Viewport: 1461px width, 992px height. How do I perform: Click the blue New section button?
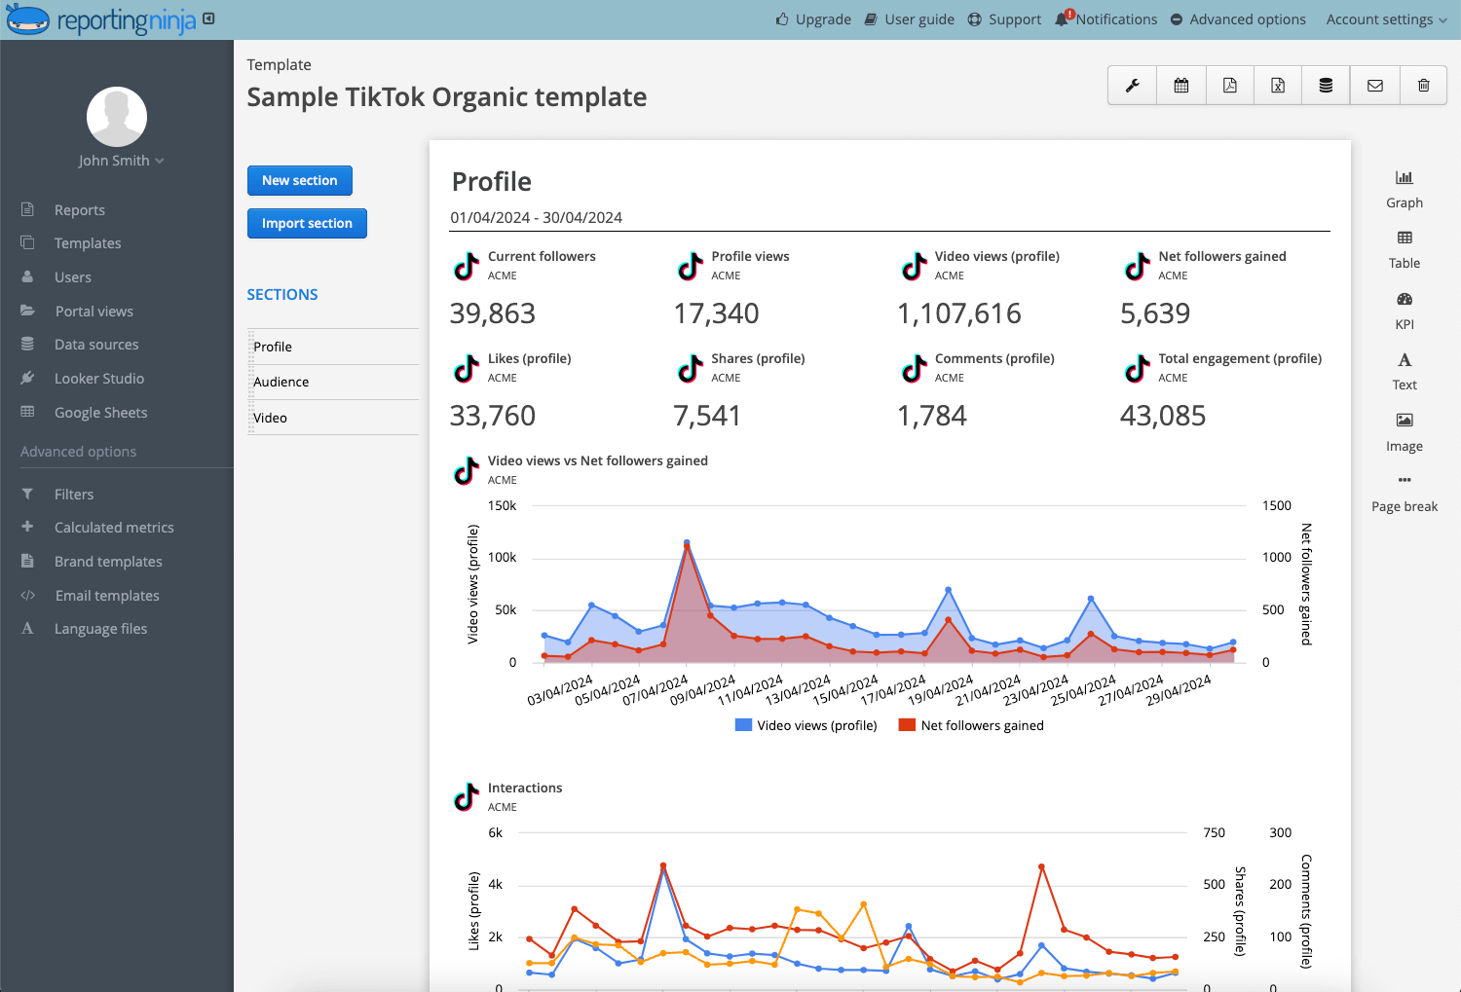pyautogui.click(x=299, y=180)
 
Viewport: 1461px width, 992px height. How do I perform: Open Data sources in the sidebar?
pyautogui.click(x=95, y=345)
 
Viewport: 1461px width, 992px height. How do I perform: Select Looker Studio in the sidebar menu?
pyautogui.click(x=99, y=378)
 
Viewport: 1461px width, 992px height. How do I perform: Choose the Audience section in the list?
pyautogui.click(x=281, y=382)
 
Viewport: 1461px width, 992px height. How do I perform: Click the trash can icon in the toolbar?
pyautogui.click(x=1423, y=86)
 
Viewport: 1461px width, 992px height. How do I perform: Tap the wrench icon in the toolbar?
pyautogui.click(x=1132, y=86)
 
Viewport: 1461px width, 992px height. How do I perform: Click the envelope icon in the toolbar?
pyautogui.click(x=1375, y=86)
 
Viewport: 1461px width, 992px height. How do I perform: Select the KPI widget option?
pyautogui.click(x=1405, y=311)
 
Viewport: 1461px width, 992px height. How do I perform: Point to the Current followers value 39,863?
pyautogui.click(x=493, y=313)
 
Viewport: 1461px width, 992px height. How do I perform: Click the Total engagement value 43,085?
pyautogui.click(x=1163, y=416)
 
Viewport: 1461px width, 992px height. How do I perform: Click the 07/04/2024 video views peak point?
pyautogui.click(x=687, y=542)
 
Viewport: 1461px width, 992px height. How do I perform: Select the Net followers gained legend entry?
pyautogui.click(x=971, y=725)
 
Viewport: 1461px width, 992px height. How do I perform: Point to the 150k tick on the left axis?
pyautogui.click(x=503, y=506)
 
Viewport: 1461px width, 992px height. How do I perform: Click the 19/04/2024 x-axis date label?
pyautogui.click(x=940, y=691)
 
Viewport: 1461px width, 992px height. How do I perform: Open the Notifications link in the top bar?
pyautogui.click(x=1106, y=19)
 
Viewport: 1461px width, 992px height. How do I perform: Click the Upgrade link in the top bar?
pyautogui.click(x=813, y=19)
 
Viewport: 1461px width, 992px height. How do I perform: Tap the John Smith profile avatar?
pyautogui.click(x=117, y=117)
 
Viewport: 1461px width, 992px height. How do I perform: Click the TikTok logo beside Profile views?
pyautogui.click(x=690, y=266)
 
